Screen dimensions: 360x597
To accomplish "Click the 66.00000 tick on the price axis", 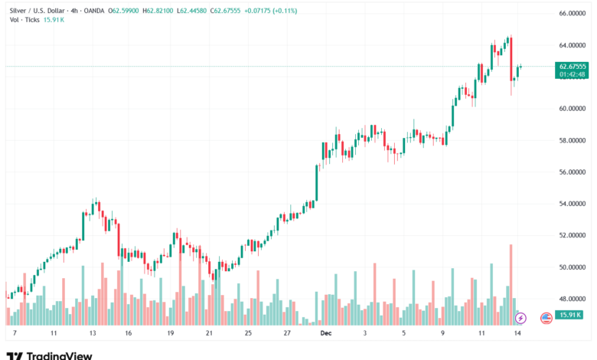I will (x=573, y=14).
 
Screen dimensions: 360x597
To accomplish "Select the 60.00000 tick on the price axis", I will (x=573, y=109).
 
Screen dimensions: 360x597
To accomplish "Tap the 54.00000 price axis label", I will (x=573, y=204).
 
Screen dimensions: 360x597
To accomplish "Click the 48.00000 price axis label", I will (x=573, y=299).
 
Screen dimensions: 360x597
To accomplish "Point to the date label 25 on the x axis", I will (x=248, y=334).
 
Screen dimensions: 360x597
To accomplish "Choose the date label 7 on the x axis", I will (x=15, y=334).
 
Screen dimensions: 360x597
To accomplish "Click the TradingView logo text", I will (x=59, y=355).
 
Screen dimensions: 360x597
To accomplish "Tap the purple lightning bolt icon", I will (x=522, y=317).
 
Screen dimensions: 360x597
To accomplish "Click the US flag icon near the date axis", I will (x=546, y=317).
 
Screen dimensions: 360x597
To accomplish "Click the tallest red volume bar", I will (x=511, y=283).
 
